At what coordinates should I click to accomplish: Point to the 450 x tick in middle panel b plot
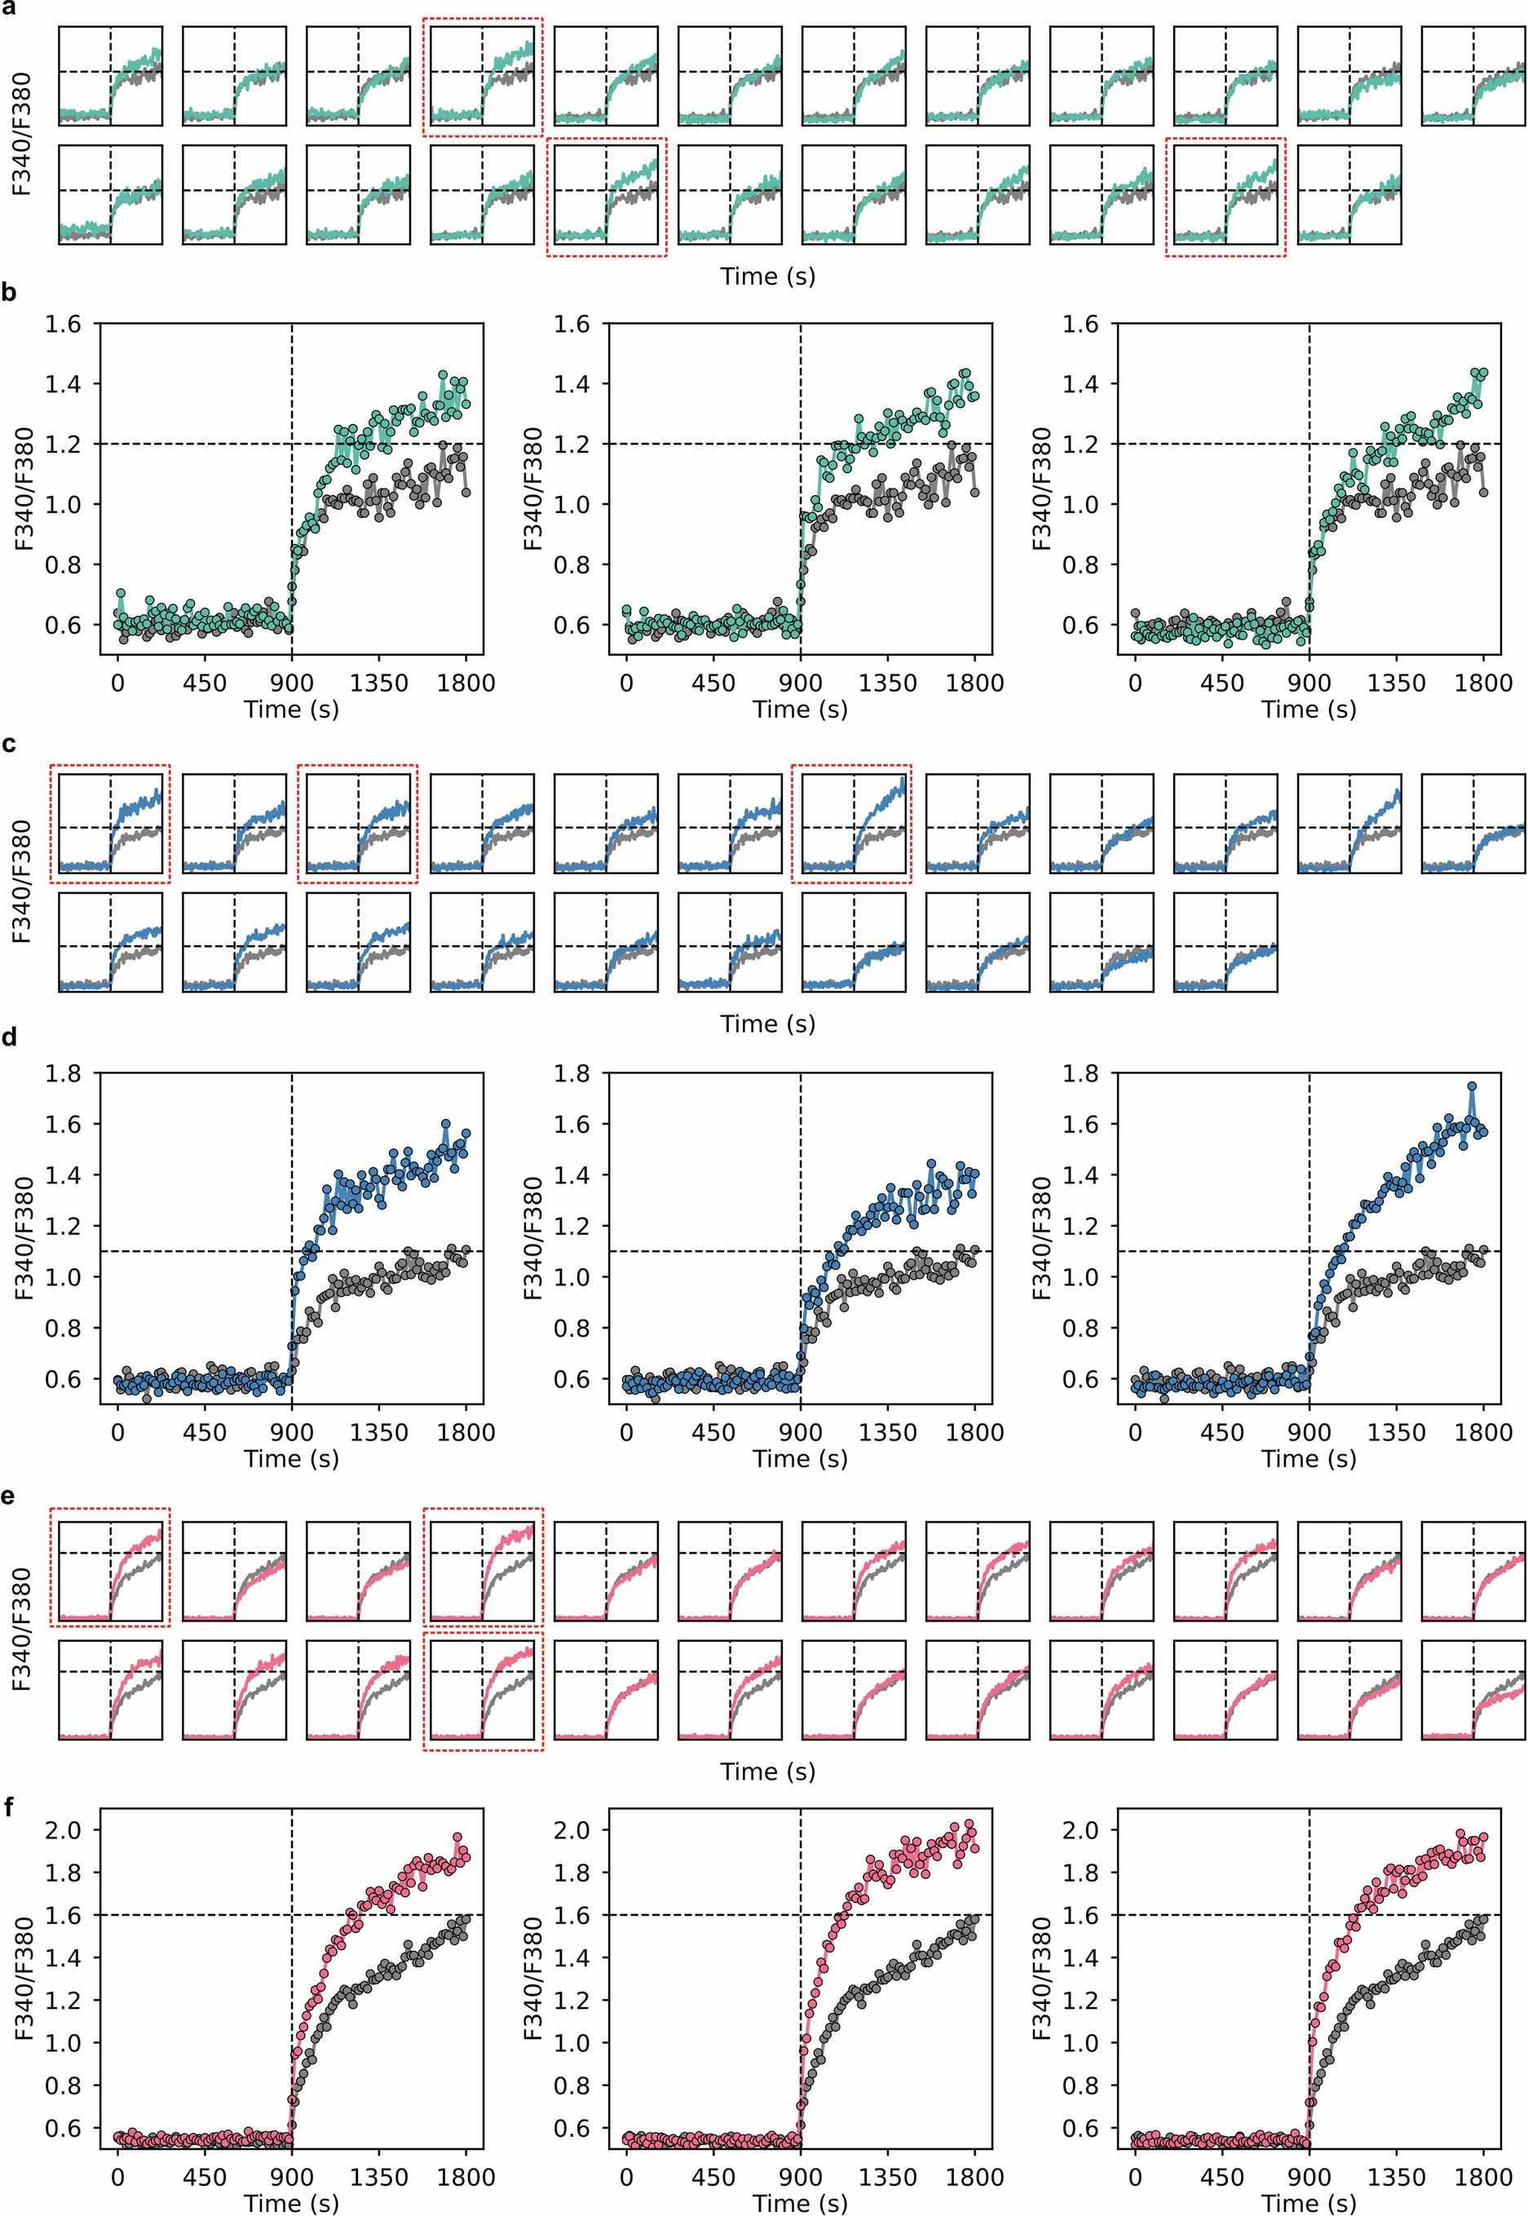(713, 683)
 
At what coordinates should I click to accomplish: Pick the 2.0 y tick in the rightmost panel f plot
(1082, 1829)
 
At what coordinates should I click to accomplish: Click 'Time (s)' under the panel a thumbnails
(768, 276)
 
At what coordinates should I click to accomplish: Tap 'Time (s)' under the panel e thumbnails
(768, 1771)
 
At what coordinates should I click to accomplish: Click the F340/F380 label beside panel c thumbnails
(22, 882)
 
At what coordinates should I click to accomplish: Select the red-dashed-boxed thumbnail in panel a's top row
(483, 76)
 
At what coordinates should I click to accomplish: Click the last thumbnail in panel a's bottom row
(1349, 194)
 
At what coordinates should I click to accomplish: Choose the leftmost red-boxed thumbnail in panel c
(109, 824)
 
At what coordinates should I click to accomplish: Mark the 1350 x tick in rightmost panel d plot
(1396, 1433)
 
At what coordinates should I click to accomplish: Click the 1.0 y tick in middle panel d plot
(572, 1276)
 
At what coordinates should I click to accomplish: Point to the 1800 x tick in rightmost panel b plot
(1483, 683)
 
